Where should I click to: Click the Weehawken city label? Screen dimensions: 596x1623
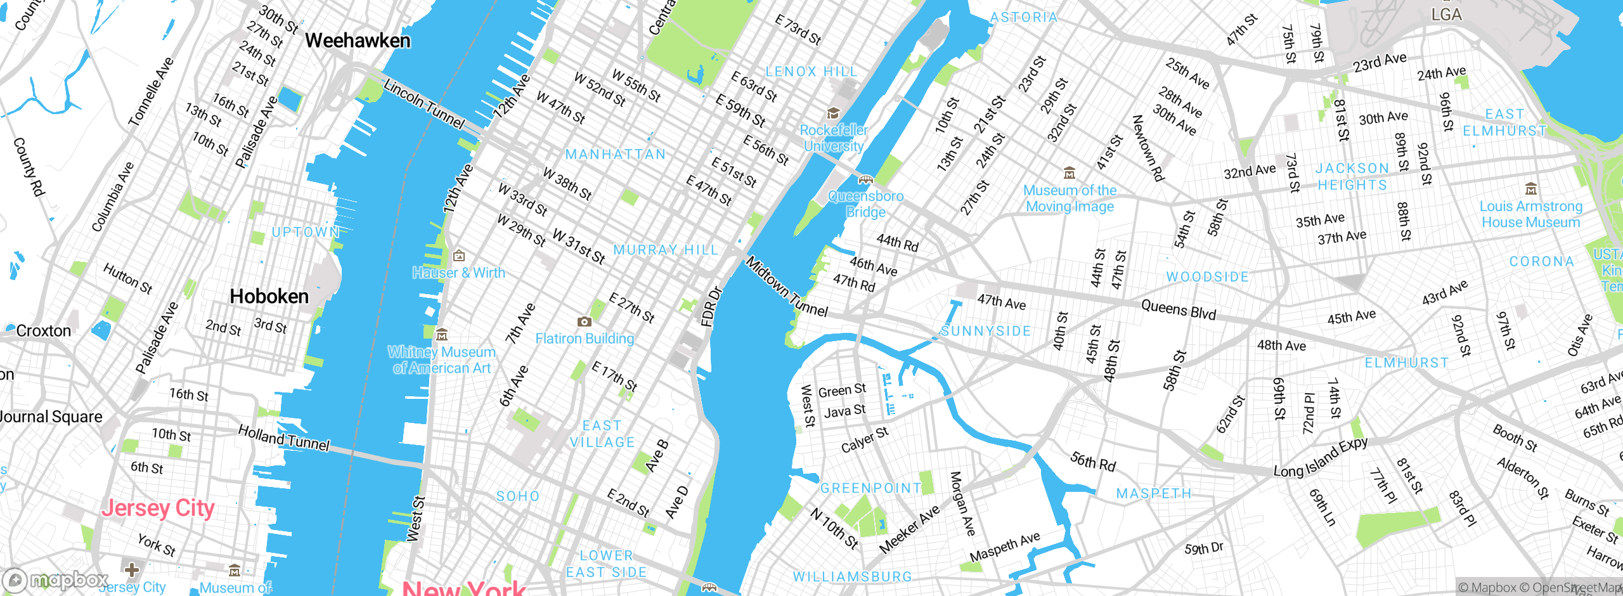pyautogui.click(x=358, y=41)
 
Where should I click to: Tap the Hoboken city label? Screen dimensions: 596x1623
pyautogui.click(x=269, y=296)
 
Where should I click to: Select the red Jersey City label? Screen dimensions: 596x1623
pyautogui.click(x=158, y=508)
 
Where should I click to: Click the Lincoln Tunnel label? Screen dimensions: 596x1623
pyautogui.click(x=424, y=104)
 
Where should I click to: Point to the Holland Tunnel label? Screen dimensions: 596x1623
pyautogui.click(x=283, y=438)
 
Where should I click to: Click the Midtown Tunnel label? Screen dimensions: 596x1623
pyautogui.click(x=786, y=287)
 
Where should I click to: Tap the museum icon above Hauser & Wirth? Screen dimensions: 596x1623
pyautogui.click(x=459, y=256)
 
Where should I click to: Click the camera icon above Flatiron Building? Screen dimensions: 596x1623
pyautogui.click(x=584, y=322)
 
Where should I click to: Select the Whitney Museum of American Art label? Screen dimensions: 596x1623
pyautogui.click(x=442, y=360)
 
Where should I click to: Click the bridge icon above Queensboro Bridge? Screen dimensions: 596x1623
pyautogui.click(x=865, y=180)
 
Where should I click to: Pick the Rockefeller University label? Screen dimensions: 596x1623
pyautogui.click(x=834, y=138)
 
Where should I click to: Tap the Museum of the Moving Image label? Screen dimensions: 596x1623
pyautogui.click(x=1070, y=198)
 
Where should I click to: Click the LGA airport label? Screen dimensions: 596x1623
pyautogui.click(x=1446, y=15)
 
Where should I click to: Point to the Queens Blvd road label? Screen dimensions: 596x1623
pyautogui.click(x=1178, y=311)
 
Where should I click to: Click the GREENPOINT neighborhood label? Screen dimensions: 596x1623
pyautogui.click(x=870, y=488)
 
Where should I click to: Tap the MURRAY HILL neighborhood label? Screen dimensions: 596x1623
pyautogui.click(x=666, y=250)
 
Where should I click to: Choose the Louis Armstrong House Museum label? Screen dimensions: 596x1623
pyautogui.click(x=1530, y=214)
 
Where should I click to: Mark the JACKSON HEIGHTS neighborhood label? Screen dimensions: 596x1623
pyautogui.click(x=1352, y=177)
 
